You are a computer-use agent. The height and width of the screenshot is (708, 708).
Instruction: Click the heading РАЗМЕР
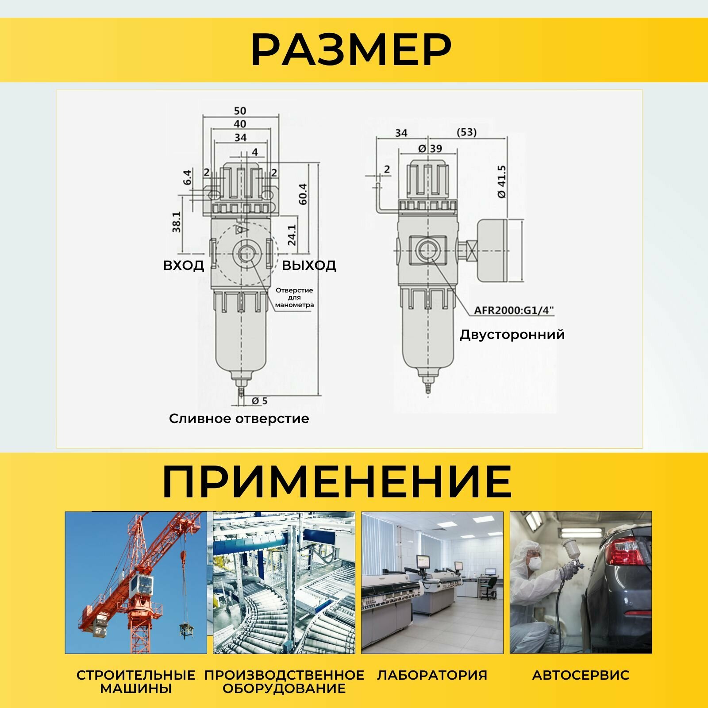pos(351,50)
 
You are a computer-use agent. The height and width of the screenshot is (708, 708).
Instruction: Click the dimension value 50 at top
pos(240,110)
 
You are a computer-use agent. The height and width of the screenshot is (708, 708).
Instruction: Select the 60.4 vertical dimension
pos(303,194)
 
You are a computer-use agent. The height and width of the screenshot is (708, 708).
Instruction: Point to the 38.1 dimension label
pos(177,222)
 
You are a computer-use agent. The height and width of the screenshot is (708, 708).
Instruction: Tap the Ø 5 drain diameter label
pos(260,401)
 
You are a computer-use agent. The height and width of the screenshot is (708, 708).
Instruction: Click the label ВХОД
pos(184,265)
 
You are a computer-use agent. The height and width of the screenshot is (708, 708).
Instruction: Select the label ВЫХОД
pos(309,265)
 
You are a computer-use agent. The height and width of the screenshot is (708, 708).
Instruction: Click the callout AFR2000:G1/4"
pos(514,310)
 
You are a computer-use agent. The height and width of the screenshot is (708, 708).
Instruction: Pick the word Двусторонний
pos(512,334)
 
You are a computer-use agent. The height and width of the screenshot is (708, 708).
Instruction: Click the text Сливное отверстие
pos(239,419)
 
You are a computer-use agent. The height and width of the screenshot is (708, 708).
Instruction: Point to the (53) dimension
pos(466,132)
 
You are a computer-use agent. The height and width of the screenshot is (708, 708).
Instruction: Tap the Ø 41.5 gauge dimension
pos(501,182)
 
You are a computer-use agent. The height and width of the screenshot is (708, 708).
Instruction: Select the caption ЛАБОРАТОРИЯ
pos(432,675)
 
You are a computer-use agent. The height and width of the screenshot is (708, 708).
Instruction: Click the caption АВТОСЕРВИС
pos(581,675)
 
